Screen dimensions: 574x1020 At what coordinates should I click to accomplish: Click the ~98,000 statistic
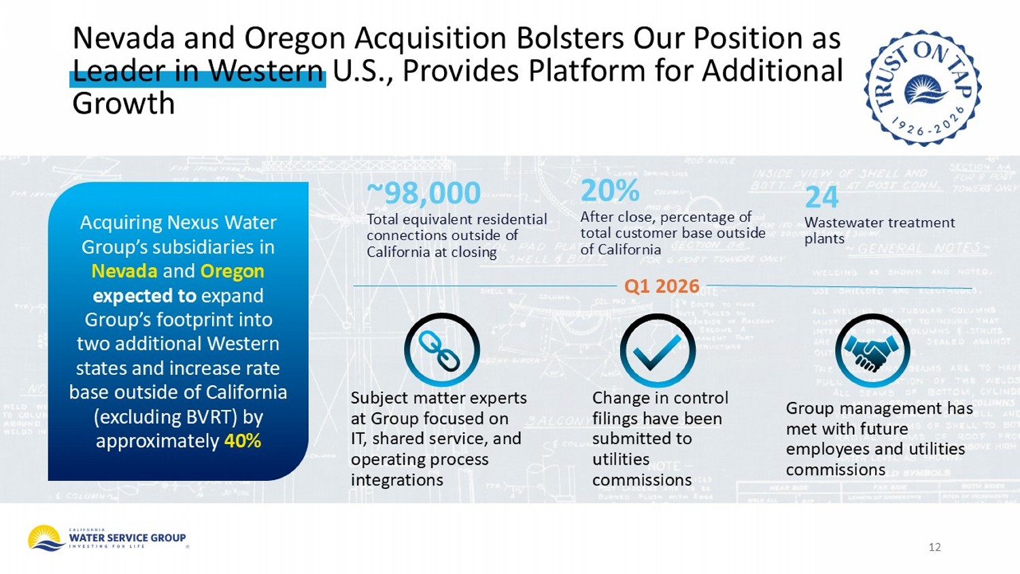click(x=424, y=193)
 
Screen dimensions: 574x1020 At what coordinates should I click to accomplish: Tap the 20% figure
click(x=609, y=191)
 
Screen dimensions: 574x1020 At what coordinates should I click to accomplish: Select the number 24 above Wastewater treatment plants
click(x=821, y=198)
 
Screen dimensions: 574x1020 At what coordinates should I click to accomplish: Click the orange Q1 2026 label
click(x=662, y=286)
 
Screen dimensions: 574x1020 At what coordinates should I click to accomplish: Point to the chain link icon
click(x=441, y=350)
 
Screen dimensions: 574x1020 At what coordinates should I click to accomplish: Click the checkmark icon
click(x=658, y=350)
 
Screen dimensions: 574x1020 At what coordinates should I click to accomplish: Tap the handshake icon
click(x=872, y=350)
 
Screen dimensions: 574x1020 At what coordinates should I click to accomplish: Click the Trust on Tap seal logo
click(x=922, y=88)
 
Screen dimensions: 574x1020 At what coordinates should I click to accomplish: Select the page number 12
click(x=934, y=547)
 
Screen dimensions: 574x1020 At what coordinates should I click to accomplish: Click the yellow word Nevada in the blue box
click(x=124, y=271)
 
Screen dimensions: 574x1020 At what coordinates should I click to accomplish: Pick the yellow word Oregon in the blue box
click(x=232, y=271)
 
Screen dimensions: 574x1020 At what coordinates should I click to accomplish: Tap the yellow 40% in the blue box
click(x=243, y=441)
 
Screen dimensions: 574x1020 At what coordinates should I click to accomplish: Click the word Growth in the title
click(x=124, y=104)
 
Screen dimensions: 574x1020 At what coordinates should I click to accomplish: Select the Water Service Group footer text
click(x=127, y=538)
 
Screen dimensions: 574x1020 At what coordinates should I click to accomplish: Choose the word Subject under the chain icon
click(x=379, y=398)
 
